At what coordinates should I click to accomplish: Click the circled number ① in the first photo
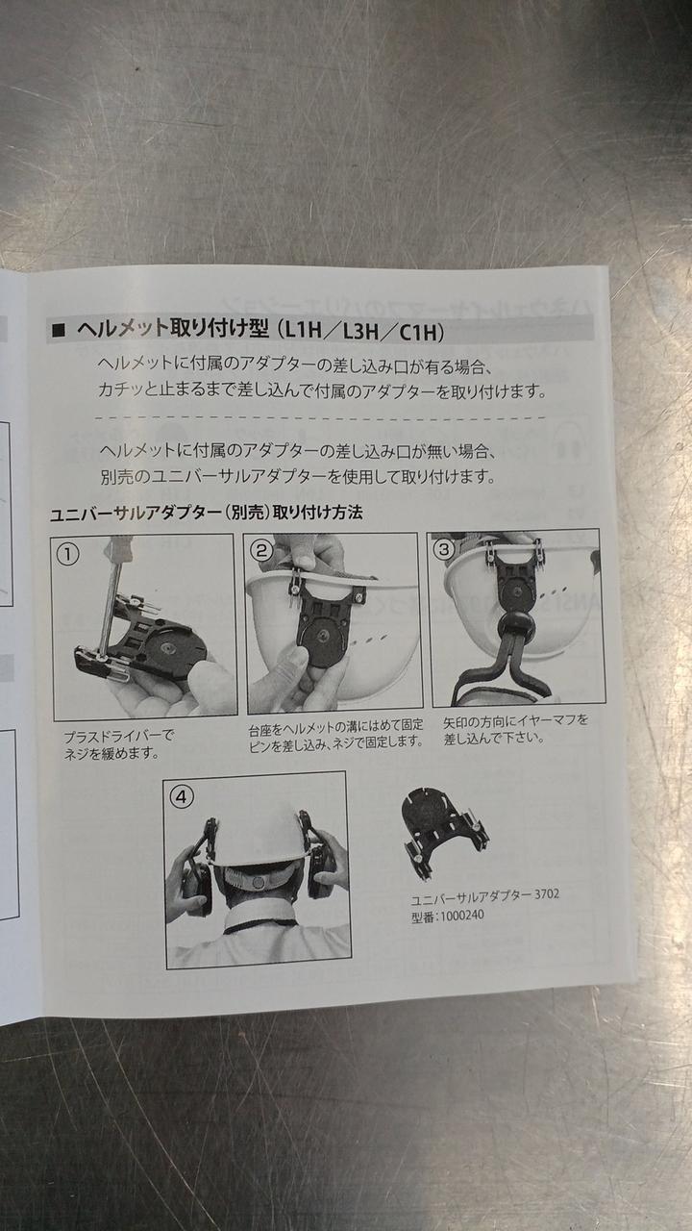(x=68, y=555)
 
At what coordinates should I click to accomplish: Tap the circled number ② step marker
(x=261, y=550)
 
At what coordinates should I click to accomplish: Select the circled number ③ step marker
(x=444, y=549)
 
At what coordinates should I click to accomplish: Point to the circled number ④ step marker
(x=182, y=796)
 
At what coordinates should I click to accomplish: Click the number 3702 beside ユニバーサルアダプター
(x=547, y=894)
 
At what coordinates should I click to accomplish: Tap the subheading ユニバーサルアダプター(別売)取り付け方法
(x=206, y=514)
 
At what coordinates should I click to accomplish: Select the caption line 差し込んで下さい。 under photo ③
(x=494, y=738)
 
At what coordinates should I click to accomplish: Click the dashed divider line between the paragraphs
(x=321, y=417)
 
